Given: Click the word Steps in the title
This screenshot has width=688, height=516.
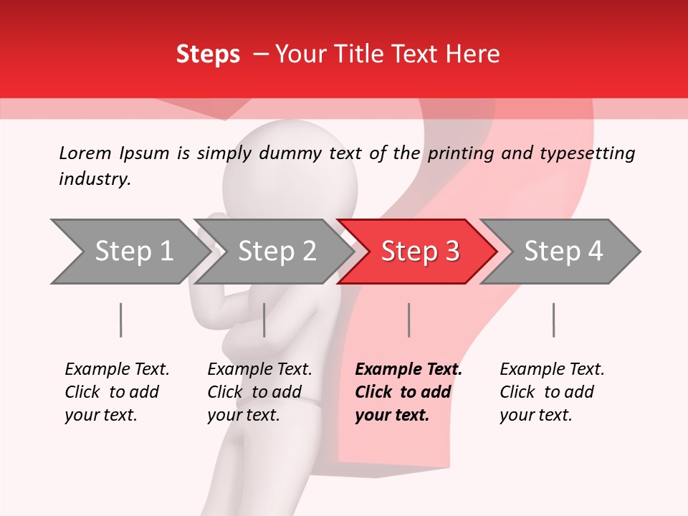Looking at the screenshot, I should [x=208, y=54].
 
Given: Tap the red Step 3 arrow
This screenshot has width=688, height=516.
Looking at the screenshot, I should [x=419, y=251].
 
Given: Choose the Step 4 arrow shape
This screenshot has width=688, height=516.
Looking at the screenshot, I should [x=563, y=251].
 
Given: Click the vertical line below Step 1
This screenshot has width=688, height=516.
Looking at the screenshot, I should [x=120, y=320].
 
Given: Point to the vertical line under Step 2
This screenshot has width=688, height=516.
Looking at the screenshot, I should [x=264, y=320].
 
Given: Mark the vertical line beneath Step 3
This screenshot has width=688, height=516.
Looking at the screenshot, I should [x=408, y=320].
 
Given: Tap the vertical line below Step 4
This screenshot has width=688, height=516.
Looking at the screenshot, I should [x=553, y=320].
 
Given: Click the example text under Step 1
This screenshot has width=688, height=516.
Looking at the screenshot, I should [x=117, y=392].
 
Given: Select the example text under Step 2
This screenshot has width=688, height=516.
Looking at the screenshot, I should [x=259, y=392].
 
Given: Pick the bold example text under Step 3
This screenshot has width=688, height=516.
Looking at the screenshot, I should [x=408, y=392].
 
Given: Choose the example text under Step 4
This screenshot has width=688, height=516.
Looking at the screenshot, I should [x=552, y=392].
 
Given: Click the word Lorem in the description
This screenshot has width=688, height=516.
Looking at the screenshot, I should [x=85, y=153].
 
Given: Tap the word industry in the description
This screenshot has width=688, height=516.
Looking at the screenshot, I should [x=94, y=178].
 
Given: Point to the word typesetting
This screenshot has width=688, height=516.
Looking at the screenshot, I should [x=587, y=153].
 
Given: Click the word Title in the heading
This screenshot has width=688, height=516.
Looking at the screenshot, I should [x=365, y=54].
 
